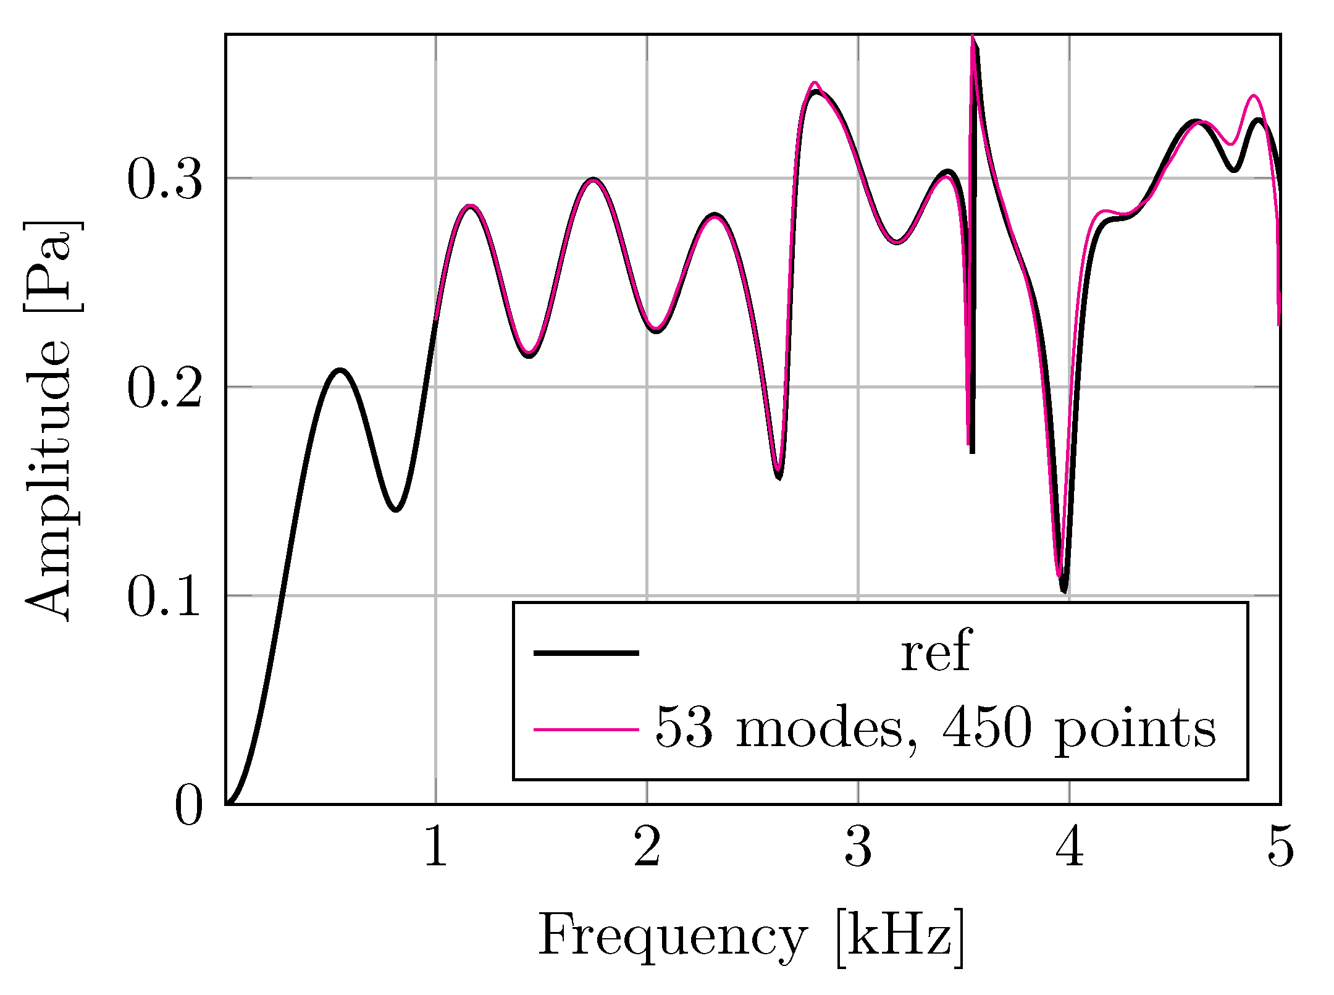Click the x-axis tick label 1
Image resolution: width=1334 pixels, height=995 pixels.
[x=436, y=849]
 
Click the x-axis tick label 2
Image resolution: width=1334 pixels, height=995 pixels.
[x=647, y=849]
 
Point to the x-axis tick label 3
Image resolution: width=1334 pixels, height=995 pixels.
[x=858, y=849]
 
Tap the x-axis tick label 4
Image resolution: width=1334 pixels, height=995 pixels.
[x=1070, y=849]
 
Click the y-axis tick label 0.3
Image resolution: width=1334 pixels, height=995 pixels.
[x=164, y=180]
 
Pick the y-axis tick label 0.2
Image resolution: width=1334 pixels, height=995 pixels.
[x=164, y=388]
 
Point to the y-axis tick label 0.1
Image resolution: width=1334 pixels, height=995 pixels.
[x=164, y=597]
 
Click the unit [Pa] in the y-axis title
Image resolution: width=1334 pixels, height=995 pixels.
[x=52, y=266]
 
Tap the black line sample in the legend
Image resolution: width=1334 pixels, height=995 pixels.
[x=585, y=652]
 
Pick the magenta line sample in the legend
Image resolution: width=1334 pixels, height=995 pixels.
[x=585, y=730]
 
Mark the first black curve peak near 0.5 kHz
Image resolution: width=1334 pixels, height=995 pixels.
[x=339, y=371]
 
